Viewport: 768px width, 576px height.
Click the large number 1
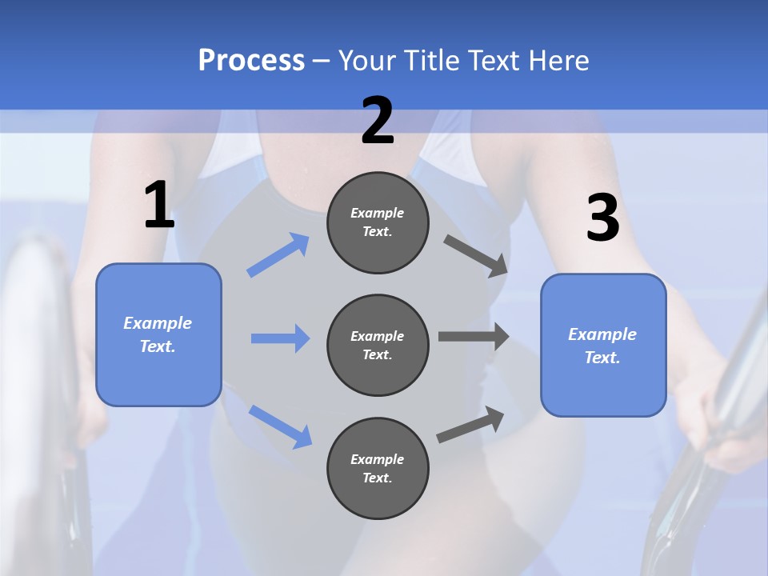159,206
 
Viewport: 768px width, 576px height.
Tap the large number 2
378,122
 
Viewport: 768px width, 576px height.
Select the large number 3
602,218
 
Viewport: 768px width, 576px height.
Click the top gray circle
378,222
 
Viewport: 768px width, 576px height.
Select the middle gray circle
378,345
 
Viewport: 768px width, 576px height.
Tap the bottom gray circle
378,468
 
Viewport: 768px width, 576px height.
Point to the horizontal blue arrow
280,338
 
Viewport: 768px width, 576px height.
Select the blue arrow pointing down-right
280,426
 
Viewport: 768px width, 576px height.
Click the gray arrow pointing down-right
476,255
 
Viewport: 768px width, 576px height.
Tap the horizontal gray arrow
474,337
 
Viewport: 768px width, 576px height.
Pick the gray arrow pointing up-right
470,424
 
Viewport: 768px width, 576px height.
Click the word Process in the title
251,60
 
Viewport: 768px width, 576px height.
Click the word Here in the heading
560,60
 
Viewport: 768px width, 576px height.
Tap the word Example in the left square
158,323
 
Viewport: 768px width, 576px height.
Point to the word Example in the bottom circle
378,459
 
